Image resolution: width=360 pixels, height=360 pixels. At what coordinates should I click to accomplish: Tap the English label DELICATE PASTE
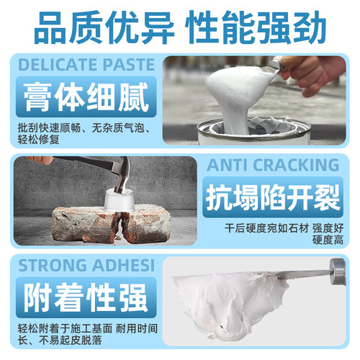[86, 65]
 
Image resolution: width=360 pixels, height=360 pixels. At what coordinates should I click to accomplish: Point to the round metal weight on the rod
[338, 273]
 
